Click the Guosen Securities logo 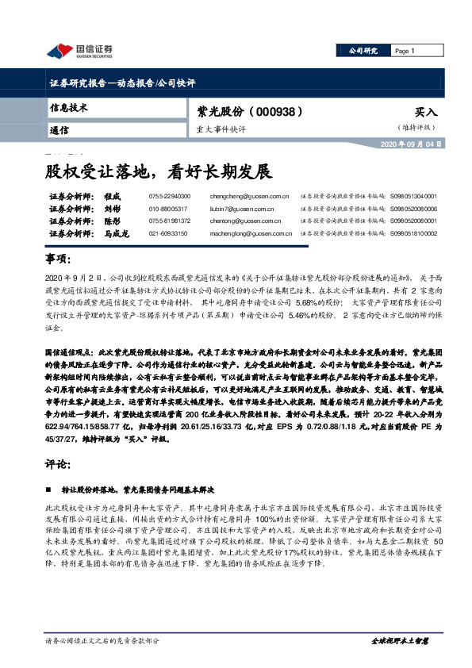pos(79,51)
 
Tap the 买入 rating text pos(425,113)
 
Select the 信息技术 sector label pos(68,107)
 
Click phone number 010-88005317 pos(170,209)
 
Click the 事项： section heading pos(58,260)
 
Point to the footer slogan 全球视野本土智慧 pos(400,640)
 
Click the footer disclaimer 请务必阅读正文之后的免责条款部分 pos(107,640)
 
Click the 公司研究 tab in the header pos(363,50)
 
